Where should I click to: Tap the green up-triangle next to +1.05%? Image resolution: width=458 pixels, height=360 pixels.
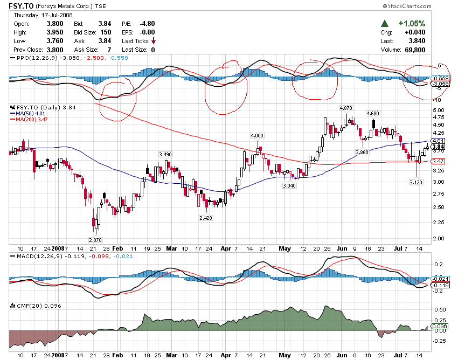point(385,24)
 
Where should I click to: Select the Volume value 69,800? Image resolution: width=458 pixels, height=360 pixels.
point(414,50)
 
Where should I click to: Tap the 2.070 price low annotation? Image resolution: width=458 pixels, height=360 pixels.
point(95,239)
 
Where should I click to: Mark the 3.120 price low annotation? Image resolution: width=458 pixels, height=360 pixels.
point(415,182)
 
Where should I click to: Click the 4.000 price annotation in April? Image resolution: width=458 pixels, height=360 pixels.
point(257,135)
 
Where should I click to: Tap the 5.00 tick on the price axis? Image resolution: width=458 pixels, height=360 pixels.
point(438,110)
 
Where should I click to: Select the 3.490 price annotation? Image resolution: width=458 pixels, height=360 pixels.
point(165,155)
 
